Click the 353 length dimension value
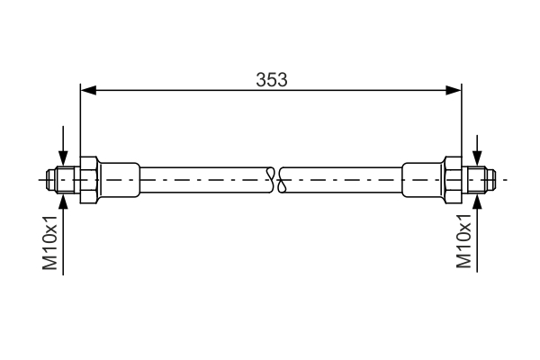tap(270, 79)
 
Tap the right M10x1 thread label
tap(464, 241)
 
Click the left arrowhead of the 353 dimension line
tap(87, 89)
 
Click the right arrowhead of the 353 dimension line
tap(454, 89)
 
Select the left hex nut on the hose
tap(88, 179)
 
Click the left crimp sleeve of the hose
tap(119, 179)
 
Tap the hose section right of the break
tap(342, 179)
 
